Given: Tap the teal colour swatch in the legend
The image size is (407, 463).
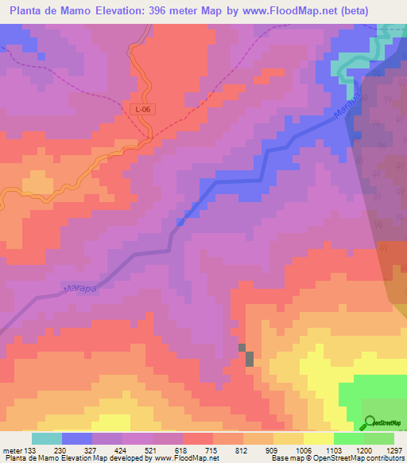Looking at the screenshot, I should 46,438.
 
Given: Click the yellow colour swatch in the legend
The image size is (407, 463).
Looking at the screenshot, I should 318,438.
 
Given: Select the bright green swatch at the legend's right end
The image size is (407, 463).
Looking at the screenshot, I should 378,438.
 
